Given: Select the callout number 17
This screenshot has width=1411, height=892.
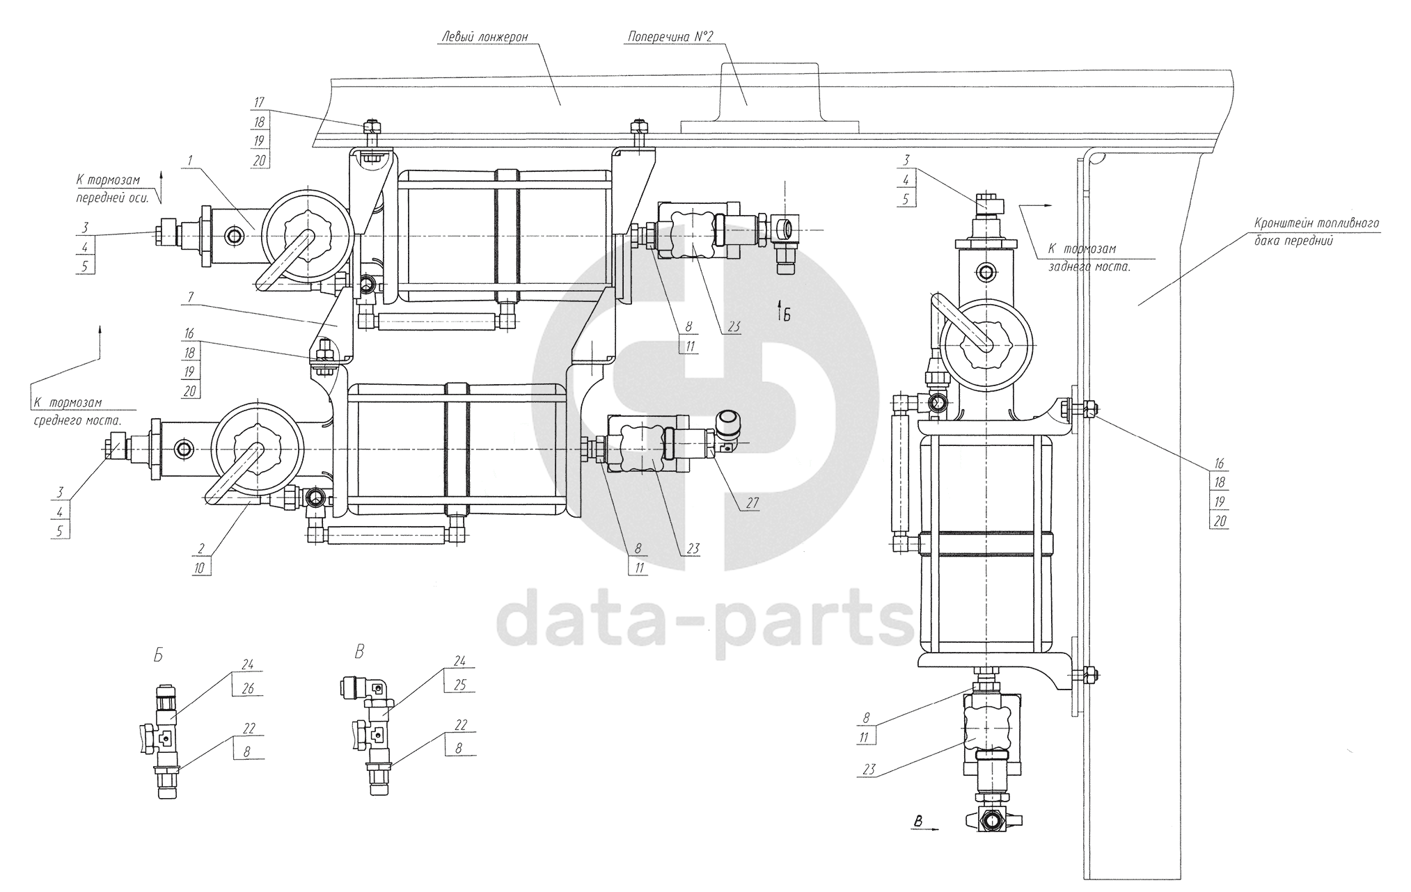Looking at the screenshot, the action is tap(260, 102).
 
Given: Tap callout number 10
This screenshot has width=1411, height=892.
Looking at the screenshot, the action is tap(201, 568).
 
